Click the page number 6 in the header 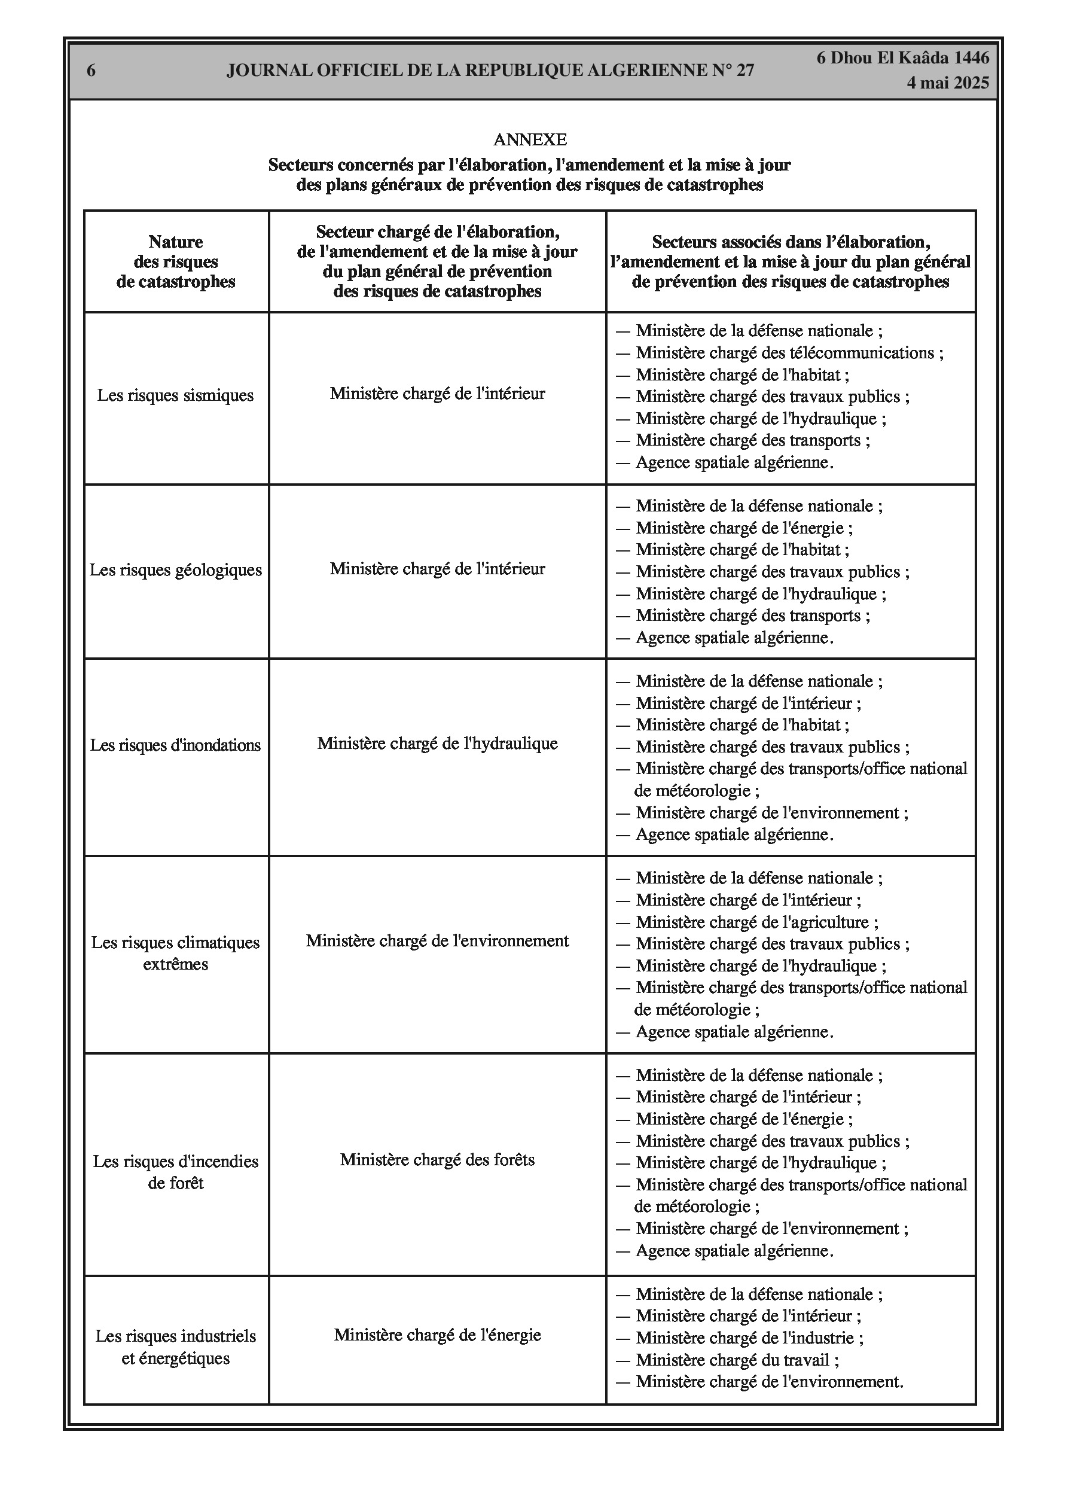click(91, 71)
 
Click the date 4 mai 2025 click(948, 83)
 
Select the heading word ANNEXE click(530, 139)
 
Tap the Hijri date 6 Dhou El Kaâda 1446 click(903, 58)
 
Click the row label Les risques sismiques click(176, 395)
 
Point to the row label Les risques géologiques click(176, 570)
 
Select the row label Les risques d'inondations click(176, 745)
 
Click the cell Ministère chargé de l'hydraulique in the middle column click(438, 744)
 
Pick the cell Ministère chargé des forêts click(438, 1160)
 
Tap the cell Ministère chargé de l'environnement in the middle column click(438, 941)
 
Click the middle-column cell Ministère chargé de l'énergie click(438, 1335)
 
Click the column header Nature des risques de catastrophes click(176, 262)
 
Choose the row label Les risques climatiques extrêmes click(176, 953)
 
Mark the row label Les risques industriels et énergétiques click(176, 1347)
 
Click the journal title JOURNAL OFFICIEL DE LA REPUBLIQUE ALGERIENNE click(490, 71)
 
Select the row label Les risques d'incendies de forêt click(176, 1172)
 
